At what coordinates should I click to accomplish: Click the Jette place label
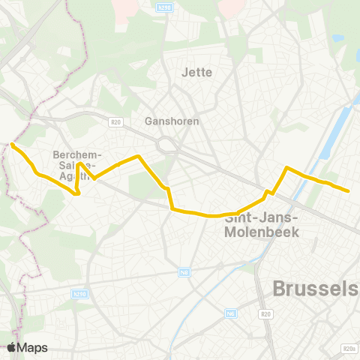[197, 73]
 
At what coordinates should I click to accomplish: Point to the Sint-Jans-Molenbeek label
[262, 225]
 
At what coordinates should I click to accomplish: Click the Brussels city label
[314, 289]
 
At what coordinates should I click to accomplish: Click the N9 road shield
[184, 272]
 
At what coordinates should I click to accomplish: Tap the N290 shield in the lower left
[81, 295]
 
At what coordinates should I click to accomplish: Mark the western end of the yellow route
[13, 143]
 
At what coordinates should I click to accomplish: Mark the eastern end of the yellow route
[349, 191]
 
